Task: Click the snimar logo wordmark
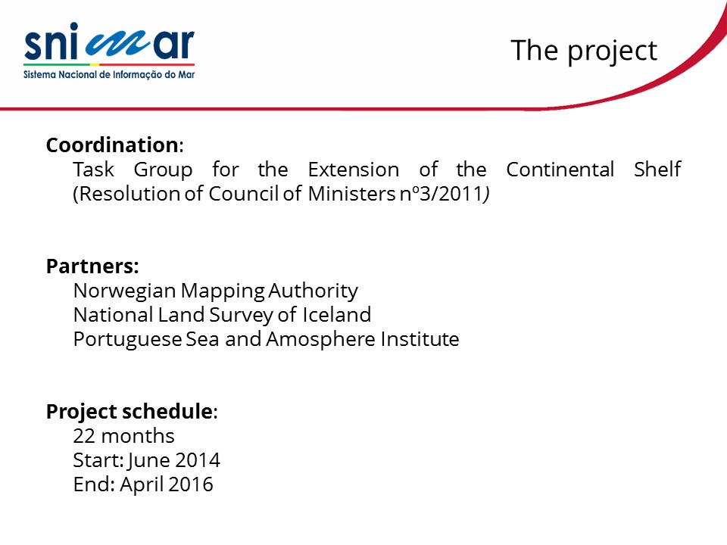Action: (x=109, y=42)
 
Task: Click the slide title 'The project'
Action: (x=584, y=51)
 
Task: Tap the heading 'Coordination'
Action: (x=112, y=145)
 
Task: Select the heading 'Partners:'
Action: (x=92, y=266)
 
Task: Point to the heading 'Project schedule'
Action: (x=129, y=412)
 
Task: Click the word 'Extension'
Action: (x=354, y=170)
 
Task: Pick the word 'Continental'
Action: (x=560, y=170)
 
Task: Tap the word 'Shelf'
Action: (x=657, y=169)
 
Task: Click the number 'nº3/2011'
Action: (x=442, y=194)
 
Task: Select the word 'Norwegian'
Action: (x=125, y=291)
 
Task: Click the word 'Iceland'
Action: (x=336, y=315)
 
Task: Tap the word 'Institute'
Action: (x=420, y=339)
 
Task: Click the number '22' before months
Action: (x=84, y=436)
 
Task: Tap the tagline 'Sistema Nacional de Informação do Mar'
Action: (x=109, y=75)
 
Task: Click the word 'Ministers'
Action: (x=351, y=194)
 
